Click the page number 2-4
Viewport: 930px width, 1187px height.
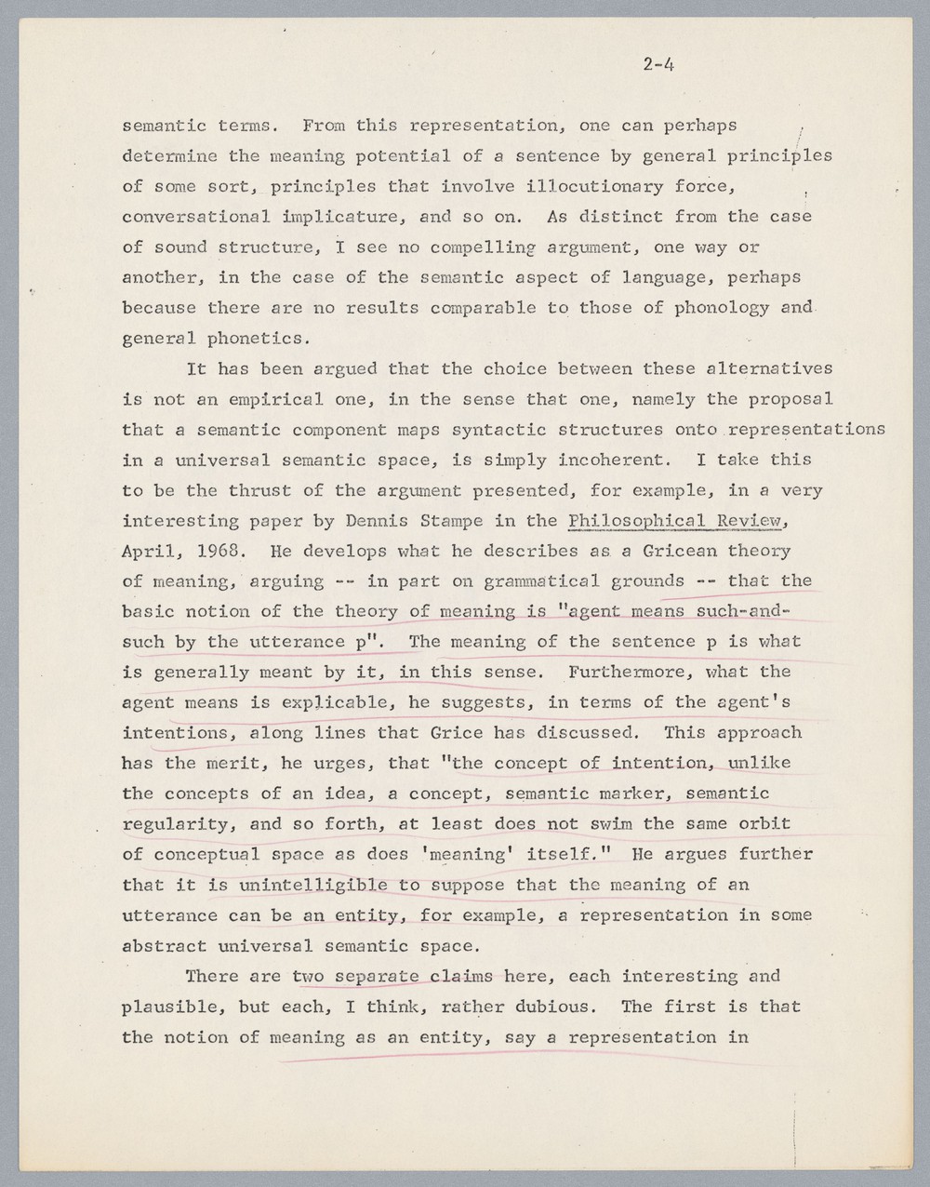point(657,64)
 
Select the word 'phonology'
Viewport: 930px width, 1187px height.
point(722,308)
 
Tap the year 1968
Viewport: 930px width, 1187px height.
point(214,551)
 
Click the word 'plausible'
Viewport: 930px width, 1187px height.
point(168,1007)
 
